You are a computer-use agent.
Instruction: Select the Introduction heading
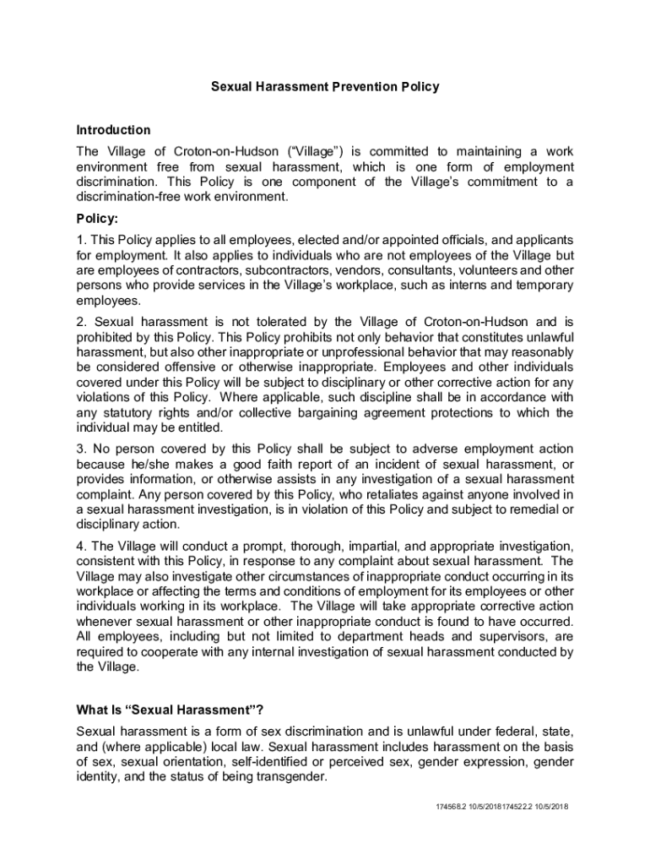(113, 130)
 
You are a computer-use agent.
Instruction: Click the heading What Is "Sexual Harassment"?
(176, 709)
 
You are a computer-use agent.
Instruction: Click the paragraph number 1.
(80, 240)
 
